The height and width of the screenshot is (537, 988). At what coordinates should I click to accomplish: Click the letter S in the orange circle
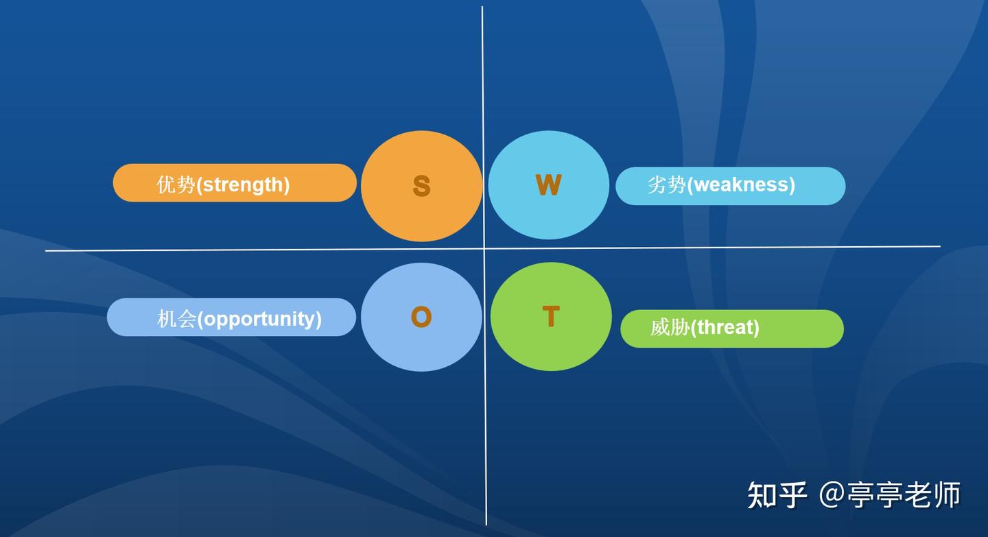421,186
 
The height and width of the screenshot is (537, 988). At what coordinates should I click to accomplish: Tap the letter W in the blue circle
548,185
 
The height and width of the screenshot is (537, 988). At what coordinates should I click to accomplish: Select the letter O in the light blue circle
421,317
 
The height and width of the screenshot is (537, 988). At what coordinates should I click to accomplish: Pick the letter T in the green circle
551,317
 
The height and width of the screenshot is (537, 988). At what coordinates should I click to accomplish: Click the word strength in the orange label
243,184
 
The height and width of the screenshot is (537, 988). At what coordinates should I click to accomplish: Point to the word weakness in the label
740,184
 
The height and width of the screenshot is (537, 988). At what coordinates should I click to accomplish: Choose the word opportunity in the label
259,319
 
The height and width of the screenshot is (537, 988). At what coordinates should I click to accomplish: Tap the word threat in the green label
725,328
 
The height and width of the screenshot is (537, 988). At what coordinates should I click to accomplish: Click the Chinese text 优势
176,184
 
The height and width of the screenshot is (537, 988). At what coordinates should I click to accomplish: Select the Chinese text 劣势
666,184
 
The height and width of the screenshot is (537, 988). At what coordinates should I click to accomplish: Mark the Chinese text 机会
177,319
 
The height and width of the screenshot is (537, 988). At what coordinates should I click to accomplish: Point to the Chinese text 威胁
670,328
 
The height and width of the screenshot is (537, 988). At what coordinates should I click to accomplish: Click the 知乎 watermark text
777,495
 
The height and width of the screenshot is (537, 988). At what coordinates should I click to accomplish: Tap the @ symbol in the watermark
832,495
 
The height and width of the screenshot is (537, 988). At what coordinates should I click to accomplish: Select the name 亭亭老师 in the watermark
903,495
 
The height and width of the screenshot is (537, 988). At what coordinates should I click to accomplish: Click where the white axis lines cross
484,248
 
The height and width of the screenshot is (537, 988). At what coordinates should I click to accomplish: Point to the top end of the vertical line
482,8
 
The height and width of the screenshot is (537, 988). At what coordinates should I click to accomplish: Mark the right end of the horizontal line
939,246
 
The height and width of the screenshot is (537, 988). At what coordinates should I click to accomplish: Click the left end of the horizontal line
47,251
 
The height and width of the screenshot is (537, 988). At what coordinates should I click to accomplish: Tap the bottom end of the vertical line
486,524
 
